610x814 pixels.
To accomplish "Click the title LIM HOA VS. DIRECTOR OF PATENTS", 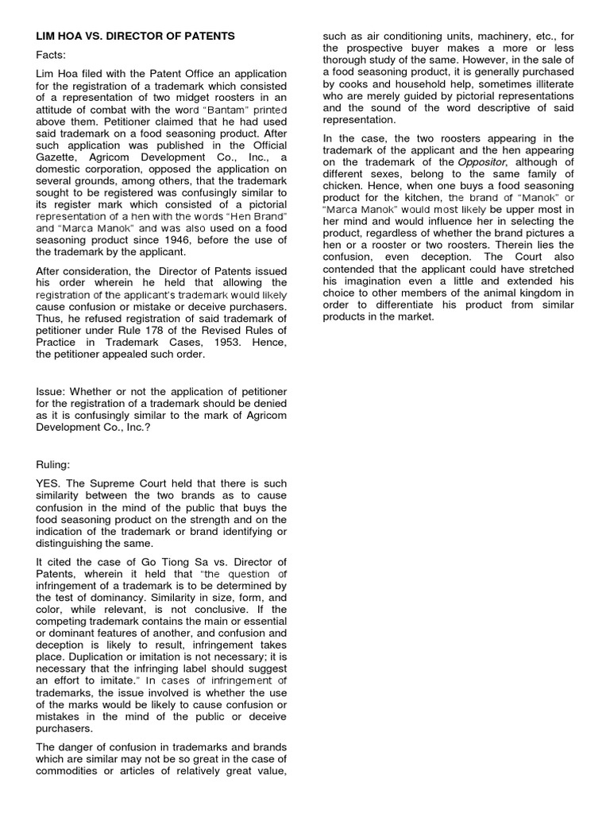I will tap(136, 36).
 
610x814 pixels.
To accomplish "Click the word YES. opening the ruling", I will tap(49, 484).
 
